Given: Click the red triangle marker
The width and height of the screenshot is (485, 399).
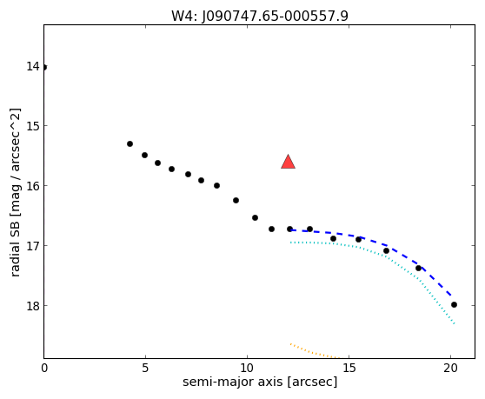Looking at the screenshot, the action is [288, 162].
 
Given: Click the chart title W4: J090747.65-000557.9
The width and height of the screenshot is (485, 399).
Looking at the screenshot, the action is [260, 17].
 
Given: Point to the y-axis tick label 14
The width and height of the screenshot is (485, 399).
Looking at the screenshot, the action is [33, 66].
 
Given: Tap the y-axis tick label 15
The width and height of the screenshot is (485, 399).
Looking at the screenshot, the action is [33, 126].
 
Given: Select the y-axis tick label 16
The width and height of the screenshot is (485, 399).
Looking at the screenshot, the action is [33, 186].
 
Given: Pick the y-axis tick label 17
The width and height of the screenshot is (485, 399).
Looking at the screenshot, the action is [33, 246].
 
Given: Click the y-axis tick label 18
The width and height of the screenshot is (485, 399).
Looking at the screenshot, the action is [33, 306].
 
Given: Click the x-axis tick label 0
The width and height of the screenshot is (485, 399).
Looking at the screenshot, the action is [44, 368].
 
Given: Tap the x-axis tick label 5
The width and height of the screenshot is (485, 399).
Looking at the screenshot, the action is [145, 368].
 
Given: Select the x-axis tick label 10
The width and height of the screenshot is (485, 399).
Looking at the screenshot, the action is [247, 368].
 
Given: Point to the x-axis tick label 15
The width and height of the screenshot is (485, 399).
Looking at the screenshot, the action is [349, 368].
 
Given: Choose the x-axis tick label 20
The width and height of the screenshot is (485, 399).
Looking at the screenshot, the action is [450, 368].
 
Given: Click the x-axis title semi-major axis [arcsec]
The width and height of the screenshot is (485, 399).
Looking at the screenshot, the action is [260, 382].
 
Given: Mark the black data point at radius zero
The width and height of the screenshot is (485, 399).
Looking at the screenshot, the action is [44, 67].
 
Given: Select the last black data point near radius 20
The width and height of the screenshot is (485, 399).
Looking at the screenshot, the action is [454, 304].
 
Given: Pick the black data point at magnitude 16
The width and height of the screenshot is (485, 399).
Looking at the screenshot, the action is [216, 185].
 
